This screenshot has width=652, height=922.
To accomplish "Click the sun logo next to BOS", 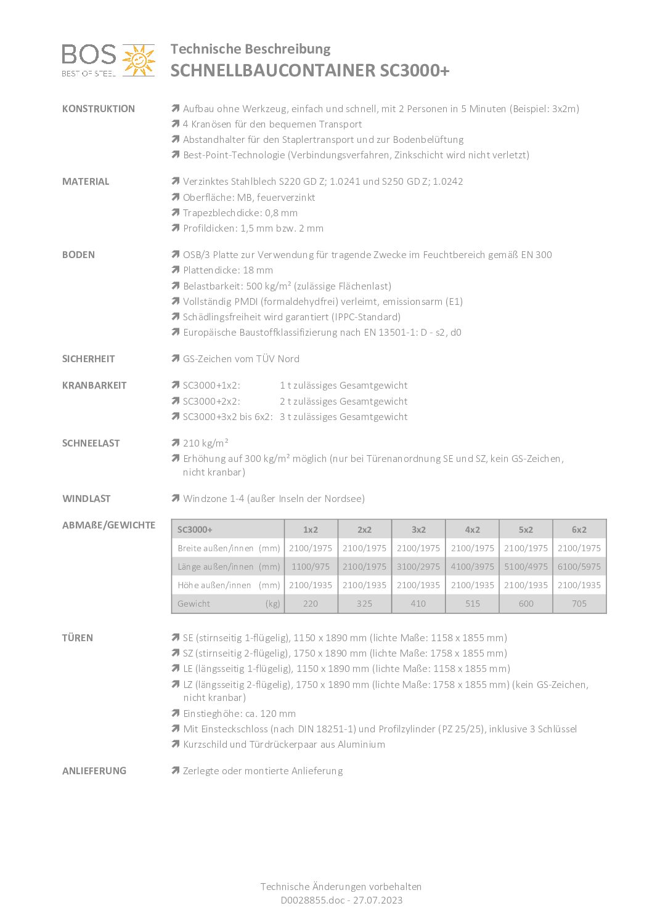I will [x=139, y=60].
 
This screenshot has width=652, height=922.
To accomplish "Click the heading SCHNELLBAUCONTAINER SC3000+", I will [x=310, y=71].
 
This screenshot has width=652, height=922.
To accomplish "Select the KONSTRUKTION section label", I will [x=99, y=109].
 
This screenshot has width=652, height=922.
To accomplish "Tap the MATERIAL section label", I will [x=86, y=182].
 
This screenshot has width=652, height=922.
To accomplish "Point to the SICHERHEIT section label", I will [x=88, y=359].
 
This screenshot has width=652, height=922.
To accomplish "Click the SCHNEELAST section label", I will [x=91, y=443].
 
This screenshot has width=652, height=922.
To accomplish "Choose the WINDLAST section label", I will [x=86, y=499].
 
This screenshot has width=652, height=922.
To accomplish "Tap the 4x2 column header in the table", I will [x=472, y=530].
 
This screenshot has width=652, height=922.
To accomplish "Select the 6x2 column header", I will [x=579, y=530].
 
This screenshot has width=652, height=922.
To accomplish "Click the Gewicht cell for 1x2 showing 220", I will [x=311, y=604].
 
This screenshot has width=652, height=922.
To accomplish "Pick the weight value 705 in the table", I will [x=579, y=604].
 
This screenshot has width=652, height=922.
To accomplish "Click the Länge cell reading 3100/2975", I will [x=418, y=567].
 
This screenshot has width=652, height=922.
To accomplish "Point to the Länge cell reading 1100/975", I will [x=311, y=567].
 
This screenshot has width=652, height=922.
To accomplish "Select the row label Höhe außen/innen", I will [x=214, y=585].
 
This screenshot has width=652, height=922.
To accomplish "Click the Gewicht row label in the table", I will [x=194, y=604].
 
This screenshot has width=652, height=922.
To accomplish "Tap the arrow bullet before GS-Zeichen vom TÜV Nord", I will [x=176, y=358].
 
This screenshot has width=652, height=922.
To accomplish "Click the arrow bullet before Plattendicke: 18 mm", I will [x=176, y=270].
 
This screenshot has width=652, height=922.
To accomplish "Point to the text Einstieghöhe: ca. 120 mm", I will [x=239, y=714].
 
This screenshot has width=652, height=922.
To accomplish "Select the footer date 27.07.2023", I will [x=378, y=900].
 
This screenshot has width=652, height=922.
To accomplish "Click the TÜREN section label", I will [x=78, y=638].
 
